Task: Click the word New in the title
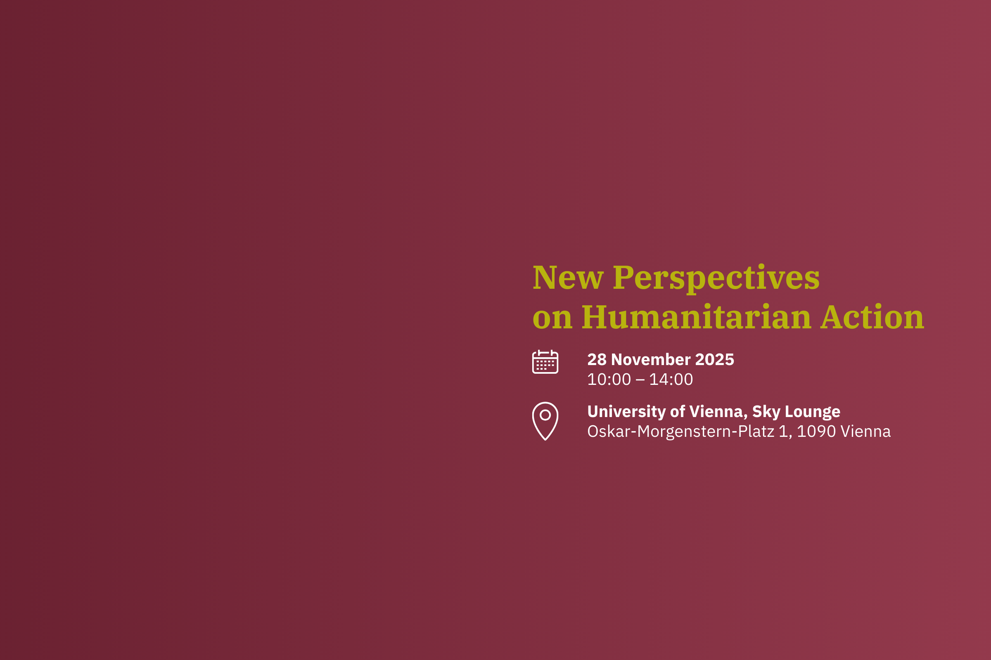tap(568, 277)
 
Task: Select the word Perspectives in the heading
tap(716, 279)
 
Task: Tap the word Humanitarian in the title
tap(696, 316)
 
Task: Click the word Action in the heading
tap(872, 316)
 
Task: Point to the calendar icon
tap(545, 362)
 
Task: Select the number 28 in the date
tap(597, 359)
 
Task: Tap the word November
tap(651, 359)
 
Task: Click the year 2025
tap(715, 359)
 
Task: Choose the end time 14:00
tap(671, 379)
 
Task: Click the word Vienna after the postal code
tap(866, 431)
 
